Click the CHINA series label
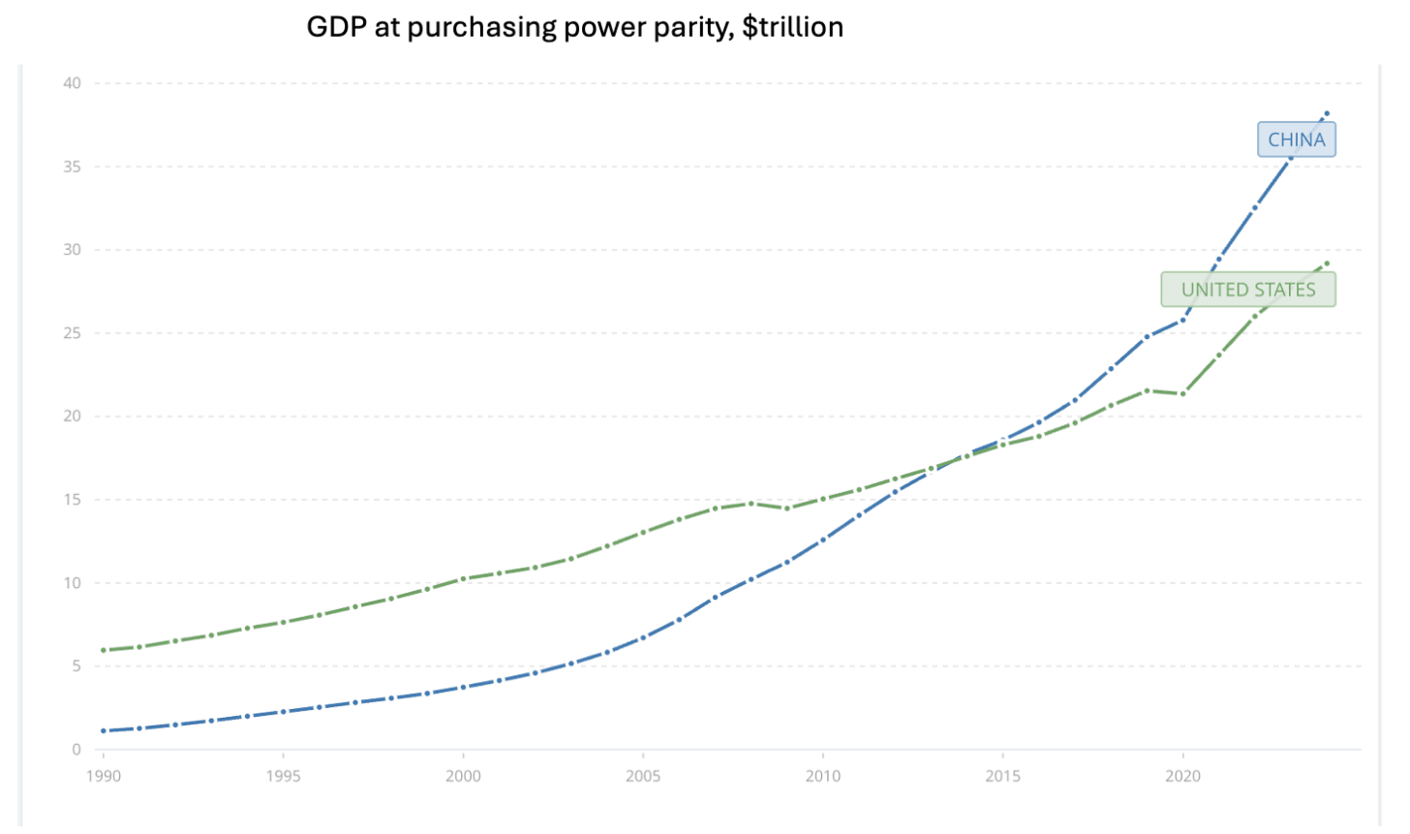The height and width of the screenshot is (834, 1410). pyautogui.click(x=1296, y=139)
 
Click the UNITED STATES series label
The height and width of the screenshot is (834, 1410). pyautogui.click(x=1247, y=290)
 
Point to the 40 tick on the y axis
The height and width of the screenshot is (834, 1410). pyautogui.click(x=73, y=83)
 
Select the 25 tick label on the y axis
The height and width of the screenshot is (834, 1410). pyautogui.click(x=73, y=333)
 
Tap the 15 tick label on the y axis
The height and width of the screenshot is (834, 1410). pyautogui.click(x=73, y=500)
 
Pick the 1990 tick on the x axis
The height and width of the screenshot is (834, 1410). pyautogui.click(x=104, y=776)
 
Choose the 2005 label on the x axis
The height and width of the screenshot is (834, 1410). pyautogui.click(x=643, y=776)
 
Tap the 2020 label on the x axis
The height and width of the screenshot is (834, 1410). pyautogui.click(x=1182, y=776)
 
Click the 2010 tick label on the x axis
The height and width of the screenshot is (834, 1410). pyautogui.click(x=823, y=776)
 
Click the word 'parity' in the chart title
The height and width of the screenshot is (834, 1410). pyautogui.click(x=695, y=27)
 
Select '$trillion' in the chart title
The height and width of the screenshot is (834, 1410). pyautogui.click(x=793, y=27)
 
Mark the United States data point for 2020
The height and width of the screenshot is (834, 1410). pyautogui.click(x=1182, y=393)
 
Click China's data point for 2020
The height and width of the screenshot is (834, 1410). pyautogui.click(x=1182, y=319)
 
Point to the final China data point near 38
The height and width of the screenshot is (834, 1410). pyautogui.click(x=1327, y=113)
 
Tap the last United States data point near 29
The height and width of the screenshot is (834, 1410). pyautogui.click(x=1327, y=263)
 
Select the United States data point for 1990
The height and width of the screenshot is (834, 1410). pyautogui.click(x=104, y=650)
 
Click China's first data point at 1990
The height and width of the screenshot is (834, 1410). pyautogui.click(x=104, y=730)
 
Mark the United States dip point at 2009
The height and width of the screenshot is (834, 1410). pyautogui.click(x=787, y=509)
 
